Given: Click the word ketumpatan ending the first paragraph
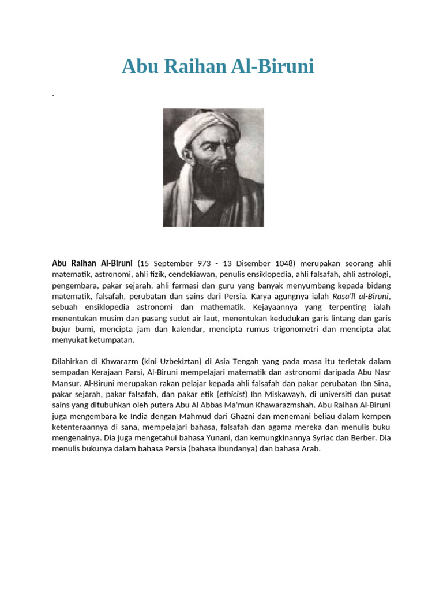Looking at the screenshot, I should click(114, 340).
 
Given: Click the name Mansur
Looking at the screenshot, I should click(66, 383).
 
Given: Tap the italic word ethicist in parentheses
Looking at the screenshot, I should click(231, 394).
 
